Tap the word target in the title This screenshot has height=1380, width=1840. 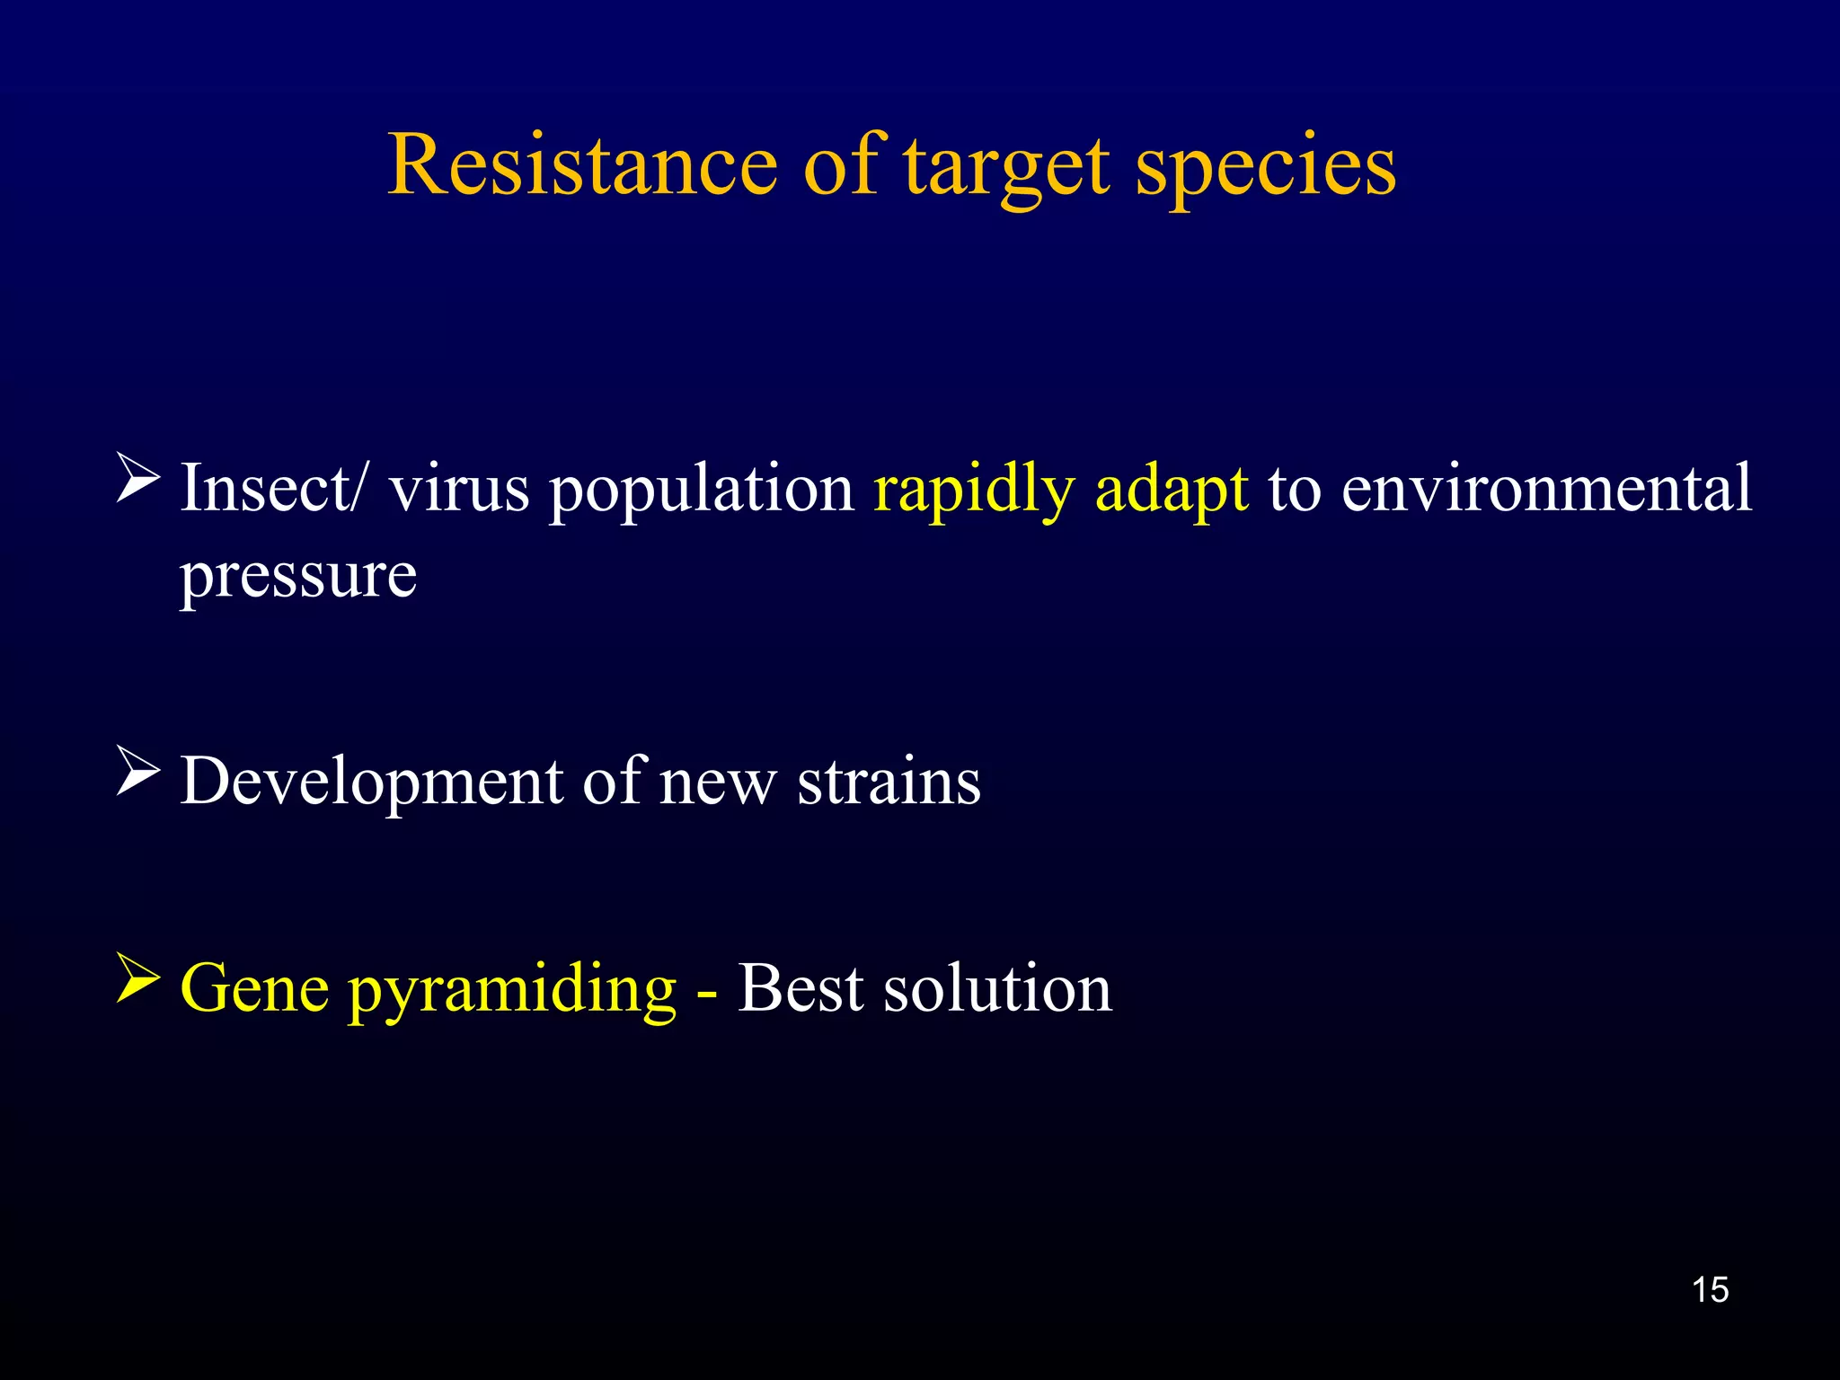click(1006, 167)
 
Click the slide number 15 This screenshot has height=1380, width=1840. click(1710, 1289)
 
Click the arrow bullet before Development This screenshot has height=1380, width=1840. click(138, 772)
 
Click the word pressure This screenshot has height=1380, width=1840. click(298, 577)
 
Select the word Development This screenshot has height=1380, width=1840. click(371, 783)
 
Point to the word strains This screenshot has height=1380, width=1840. click(889, 781)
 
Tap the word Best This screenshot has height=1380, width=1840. click(801, 987)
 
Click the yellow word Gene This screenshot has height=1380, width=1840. click(255, 987)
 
